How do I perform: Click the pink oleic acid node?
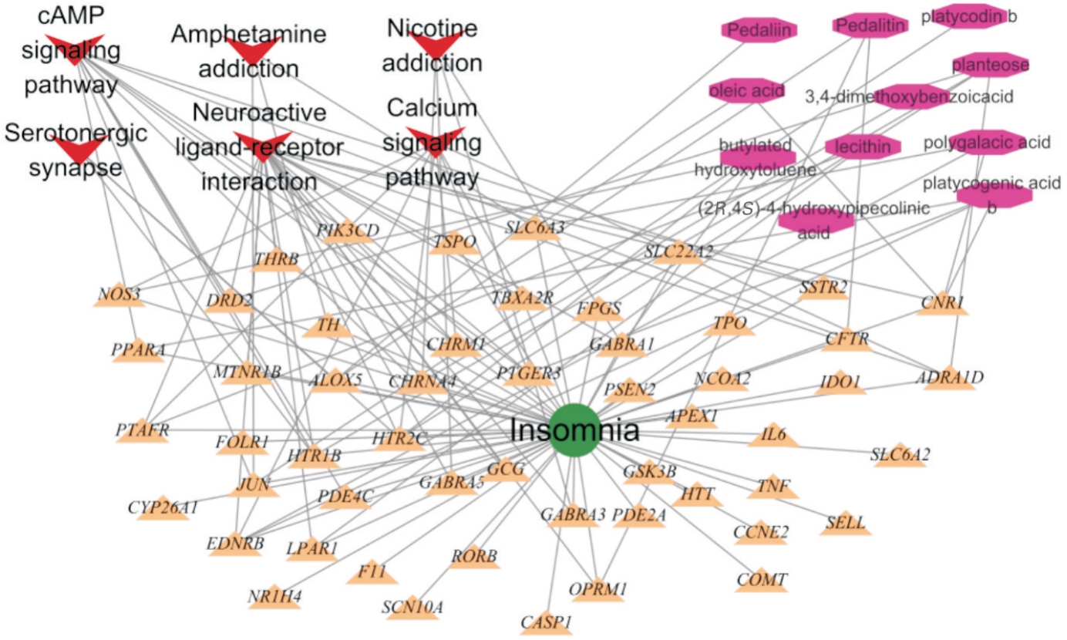point(746,90)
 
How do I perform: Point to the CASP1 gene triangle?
point(547,622)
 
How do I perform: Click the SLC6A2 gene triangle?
point(900,456)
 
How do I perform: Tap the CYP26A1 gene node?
point(163,508)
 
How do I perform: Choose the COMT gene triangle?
point(762,580)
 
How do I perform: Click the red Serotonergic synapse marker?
point(76,147)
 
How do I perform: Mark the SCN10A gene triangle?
point(412,607)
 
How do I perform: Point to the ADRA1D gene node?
point(950,378)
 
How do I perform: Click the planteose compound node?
point(991,65)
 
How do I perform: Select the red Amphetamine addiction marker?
point(249,50)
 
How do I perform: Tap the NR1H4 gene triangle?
point(274,597)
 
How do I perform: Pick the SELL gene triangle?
point(846,524)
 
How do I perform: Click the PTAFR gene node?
point(143,430)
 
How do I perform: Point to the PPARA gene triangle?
point(138,350)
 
